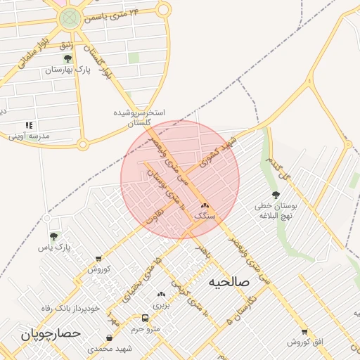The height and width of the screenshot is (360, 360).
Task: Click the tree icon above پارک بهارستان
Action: click(67, 59)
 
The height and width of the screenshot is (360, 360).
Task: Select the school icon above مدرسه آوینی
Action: click(29, 124)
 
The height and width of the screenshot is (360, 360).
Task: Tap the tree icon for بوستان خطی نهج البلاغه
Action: click(275, 195)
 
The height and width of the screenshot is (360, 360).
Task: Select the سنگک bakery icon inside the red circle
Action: click(205, 205)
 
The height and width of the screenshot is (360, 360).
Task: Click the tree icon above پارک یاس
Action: click(54, 236)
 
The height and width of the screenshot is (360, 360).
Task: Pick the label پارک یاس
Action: click(54, 247)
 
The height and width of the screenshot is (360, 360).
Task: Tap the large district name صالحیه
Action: click(229, 281)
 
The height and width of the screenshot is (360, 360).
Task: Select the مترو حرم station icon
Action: click(145, 317)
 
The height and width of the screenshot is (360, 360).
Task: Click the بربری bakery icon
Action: click(162, 294)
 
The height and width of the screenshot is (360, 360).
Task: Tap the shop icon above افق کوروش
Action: click(304, 331)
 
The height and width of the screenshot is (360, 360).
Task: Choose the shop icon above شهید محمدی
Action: click(108, 337)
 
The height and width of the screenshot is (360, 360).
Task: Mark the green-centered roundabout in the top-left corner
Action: click(69, 19)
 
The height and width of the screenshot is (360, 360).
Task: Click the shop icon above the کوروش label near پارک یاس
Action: click(97, 259)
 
